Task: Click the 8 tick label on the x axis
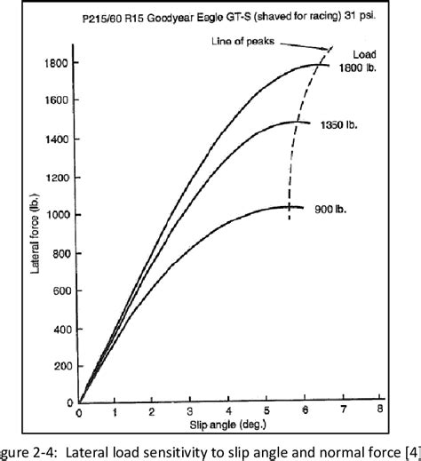coord(379,413)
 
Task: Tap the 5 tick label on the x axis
coord(266,413)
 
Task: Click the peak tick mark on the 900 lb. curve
coord(289,207)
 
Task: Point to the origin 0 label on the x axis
coord(79,413)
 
